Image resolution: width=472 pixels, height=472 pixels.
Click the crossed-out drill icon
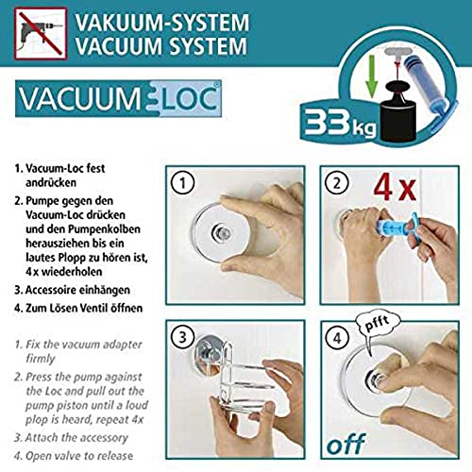pos(41,33)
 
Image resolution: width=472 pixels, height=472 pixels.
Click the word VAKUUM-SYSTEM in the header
pos(162,23)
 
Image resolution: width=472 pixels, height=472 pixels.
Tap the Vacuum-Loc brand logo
pos(118,98)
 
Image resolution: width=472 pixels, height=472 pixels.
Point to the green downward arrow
pos(372,76)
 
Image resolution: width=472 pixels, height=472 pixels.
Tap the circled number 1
pos(182,183)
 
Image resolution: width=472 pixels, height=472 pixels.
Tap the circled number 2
pos(337,183)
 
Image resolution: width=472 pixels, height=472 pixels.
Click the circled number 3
pos(182,337)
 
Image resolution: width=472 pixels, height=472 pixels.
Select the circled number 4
pos(337,338)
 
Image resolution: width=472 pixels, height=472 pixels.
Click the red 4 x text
pos(395,188)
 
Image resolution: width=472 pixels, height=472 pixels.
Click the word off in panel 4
pos(346,444)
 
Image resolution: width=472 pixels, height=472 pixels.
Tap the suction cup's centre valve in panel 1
pos(221,233)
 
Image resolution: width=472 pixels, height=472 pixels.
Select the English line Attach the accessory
pos(76,438)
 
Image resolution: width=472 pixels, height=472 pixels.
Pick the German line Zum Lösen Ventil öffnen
pos(84,308)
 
